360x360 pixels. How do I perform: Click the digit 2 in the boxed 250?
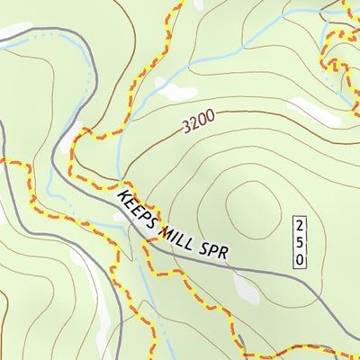301,223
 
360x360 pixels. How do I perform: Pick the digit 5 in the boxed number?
301,241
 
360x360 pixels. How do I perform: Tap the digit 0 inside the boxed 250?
301,259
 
